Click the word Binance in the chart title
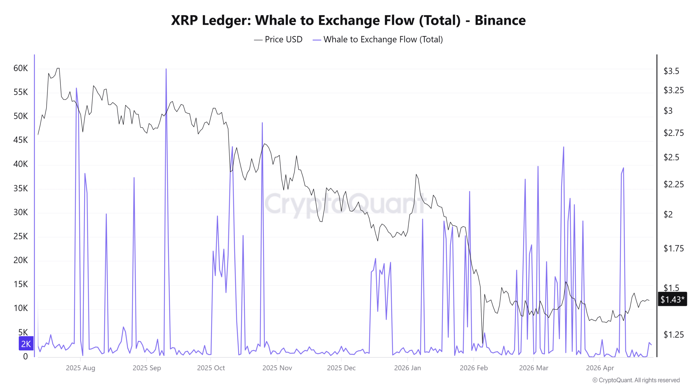click(500, 20)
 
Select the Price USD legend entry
click(283, 39)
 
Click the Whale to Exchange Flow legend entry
click(383, 39)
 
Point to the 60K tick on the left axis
click(21, 68)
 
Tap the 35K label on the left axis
click(21, 188)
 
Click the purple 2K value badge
click(26, 344)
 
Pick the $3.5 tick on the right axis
click(671, 71)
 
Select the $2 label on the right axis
click(668, 215)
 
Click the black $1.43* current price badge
click(672, 299)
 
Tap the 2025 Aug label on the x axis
click(80, 368)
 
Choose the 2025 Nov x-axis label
click(277, 368)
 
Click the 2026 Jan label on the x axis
click(407, 368)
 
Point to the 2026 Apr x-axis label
click(600, 368)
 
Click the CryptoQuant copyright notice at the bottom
click(636, 380)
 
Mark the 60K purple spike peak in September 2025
click(166, 69)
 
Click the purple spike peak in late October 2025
click(262, 123)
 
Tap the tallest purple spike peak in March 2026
click(563, 147)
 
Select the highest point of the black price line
click(58, 68)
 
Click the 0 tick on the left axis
click(25, 356)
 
